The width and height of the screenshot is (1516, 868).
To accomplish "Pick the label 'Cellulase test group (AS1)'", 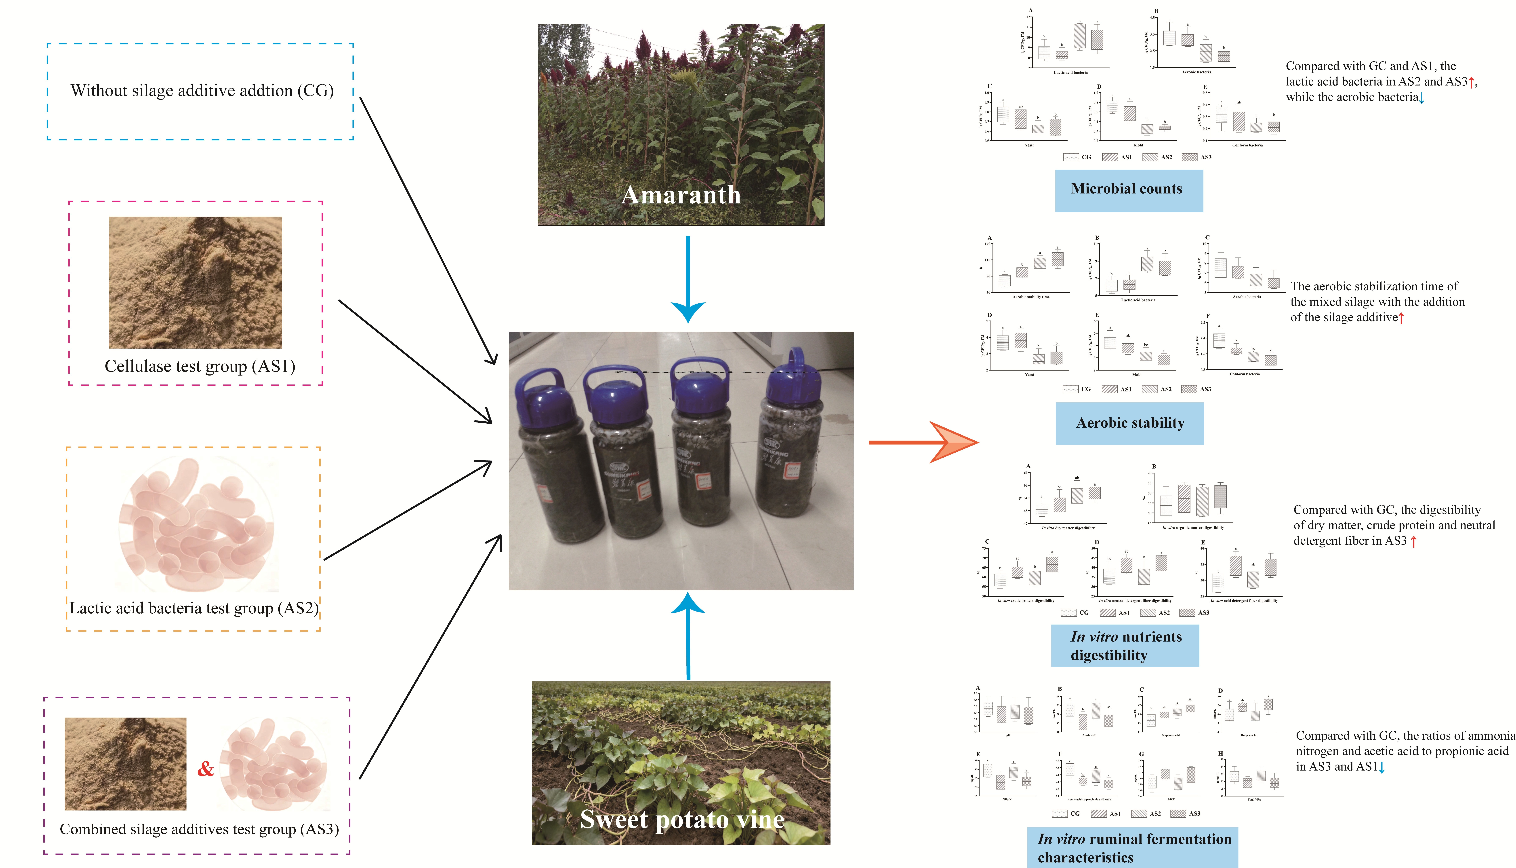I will click(200, 366).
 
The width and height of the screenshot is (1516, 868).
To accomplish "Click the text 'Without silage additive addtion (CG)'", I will click(202, 91).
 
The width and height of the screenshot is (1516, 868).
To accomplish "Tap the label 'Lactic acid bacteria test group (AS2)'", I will click(194, 608).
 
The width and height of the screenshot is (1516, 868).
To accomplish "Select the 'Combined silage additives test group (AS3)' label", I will click(199, 829).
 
